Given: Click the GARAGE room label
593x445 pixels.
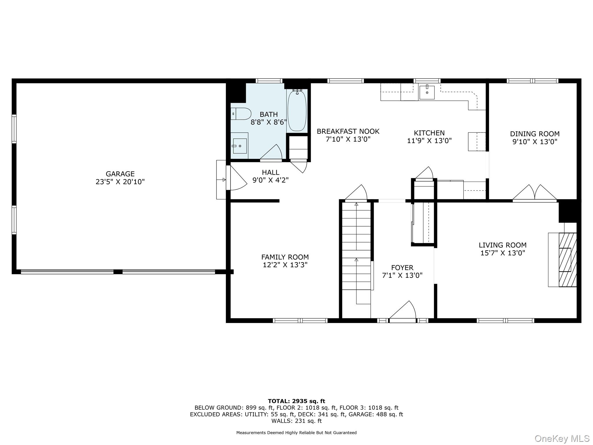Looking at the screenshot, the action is click(120, 174).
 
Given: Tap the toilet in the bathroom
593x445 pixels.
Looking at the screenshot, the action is click(241, 114).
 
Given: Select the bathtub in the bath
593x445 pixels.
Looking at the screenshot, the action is click(297, 111).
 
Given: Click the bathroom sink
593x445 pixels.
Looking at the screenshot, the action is click(240, 146).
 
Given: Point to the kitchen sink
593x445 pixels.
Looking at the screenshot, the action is click(427, 92).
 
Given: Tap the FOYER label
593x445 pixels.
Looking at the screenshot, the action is click(402, 268).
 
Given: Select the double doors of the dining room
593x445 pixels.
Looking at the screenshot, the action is click(535, 193).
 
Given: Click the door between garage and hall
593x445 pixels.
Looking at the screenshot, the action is click(236, 178).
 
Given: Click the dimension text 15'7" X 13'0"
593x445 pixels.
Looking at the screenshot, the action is click(503, 253).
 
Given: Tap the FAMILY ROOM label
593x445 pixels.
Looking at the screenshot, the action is click(285, 257).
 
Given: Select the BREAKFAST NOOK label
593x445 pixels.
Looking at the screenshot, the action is click(348, 132).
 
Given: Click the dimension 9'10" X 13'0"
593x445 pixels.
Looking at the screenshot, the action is click(535, 142).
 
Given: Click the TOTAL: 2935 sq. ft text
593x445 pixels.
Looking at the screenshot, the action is click(296, 401).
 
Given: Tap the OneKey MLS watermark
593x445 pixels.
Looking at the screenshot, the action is click(562, 438).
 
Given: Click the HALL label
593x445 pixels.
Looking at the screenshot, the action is click(270, 173).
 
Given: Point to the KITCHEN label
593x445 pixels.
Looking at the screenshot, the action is click(429, 133).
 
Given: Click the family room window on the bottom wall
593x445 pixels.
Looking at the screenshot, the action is click(300, 320).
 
